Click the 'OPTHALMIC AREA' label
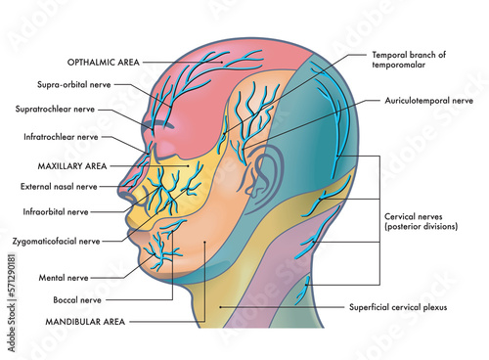coord(102,61)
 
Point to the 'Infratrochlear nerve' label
coord(62,138)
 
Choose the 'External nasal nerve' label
coord(60,186)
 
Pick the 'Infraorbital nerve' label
coord(56,210)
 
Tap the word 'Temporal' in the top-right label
coord(390,56)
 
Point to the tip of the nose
coord(120,194)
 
